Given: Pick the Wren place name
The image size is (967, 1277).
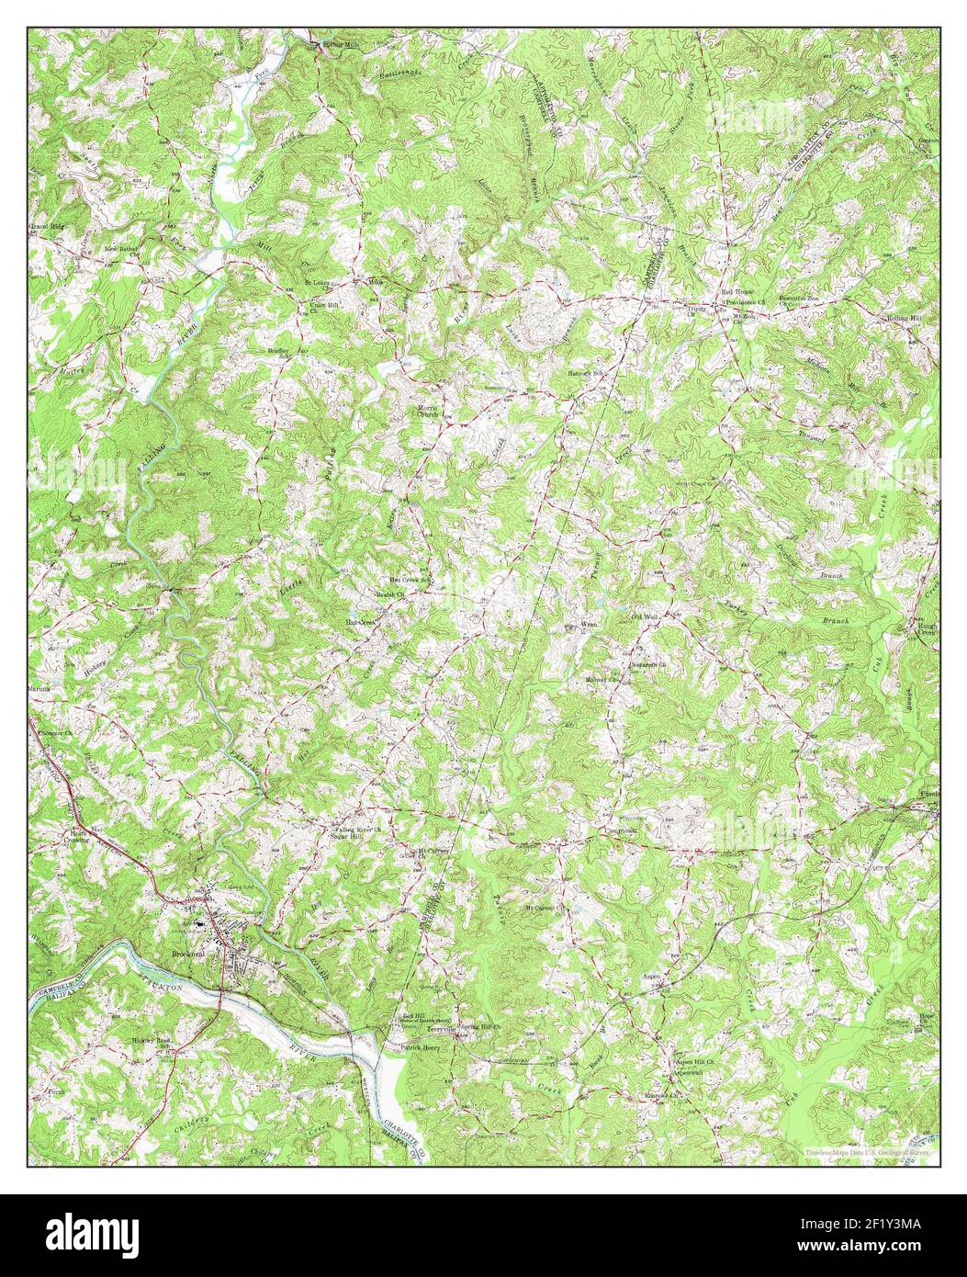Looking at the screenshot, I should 590,624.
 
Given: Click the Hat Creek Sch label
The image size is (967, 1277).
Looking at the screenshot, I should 410,581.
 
